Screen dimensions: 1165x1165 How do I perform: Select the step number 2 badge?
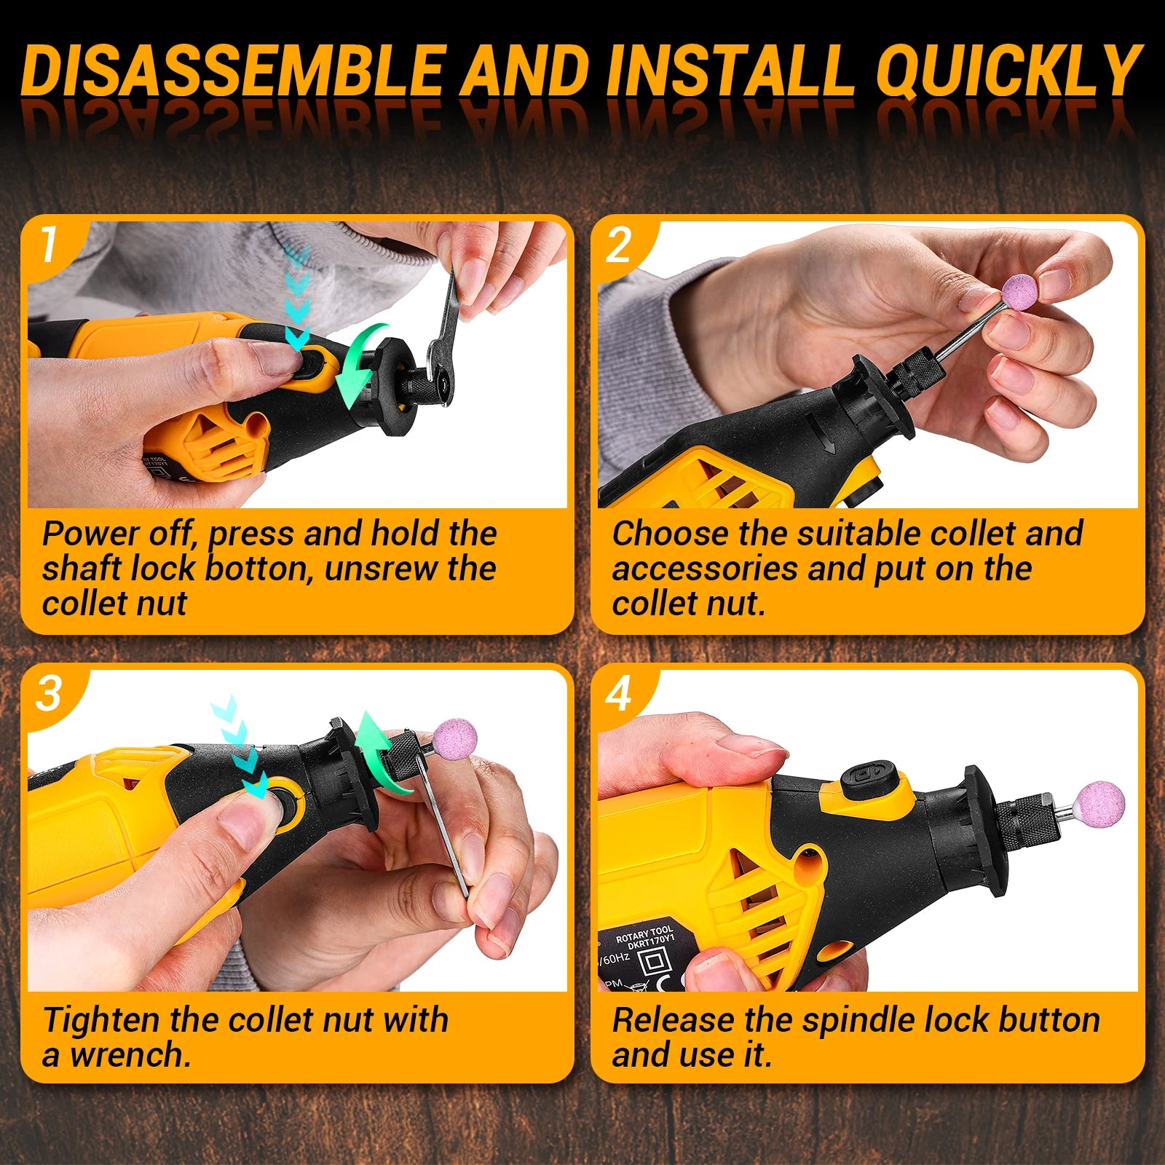pos(619,245)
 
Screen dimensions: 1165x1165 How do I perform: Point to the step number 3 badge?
pos(49,693)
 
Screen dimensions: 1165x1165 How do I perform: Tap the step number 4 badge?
pos(619,693)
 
